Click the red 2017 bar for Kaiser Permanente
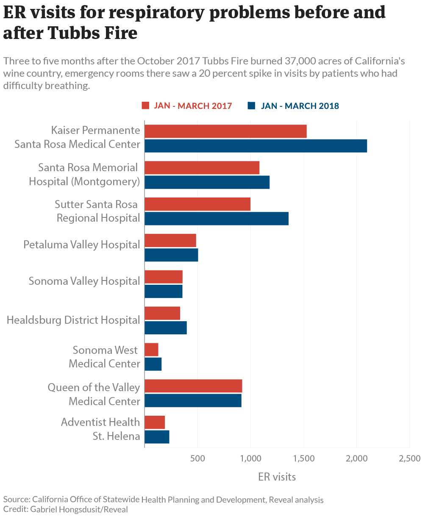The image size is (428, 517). click(225, 131)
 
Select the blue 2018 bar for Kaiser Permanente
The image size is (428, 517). click(256, 146)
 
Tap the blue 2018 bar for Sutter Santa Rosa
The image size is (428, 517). click(217, 219)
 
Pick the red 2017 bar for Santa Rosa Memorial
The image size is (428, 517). click(202, 168)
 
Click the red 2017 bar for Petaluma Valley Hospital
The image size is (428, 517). click(170, 241)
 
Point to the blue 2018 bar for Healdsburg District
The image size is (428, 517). click(166, 328)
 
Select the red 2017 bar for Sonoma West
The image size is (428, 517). click(151, 350)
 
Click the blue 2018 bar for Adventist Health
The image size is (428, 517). click(157, 437)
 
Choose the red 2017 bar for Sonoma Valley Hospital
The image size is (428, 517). click(164, 277)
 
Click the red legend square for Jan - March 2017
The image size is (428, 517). click(145, 106)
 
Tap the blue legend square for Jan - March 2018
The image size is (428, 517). click(252, 106)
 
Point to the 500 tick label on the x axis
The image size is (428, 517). click(197, 459)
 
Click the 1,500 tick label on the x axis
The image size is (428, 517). click(303, 459)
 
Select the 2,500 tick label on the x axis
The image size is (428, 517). click(409, 459)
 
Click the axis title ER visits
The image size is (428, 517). click(277, 477)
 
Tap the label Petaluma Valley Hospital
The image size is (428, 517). click(81, 245)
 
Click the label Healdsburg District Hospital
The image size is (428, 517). click(73, 320)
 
